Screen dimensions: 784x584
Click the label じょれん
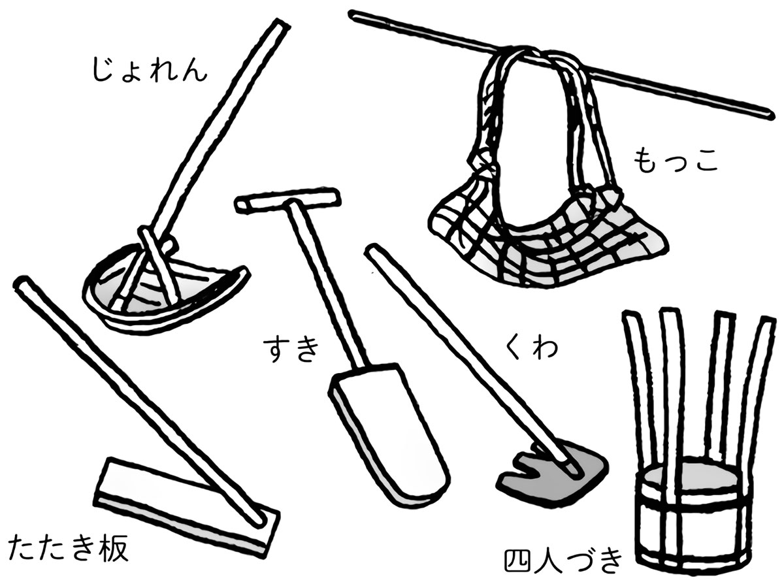(x=149, y=71)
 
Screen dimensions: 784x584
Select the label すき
(x=291, y=349)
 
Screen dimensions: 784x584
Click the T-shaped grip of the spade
(x=287, y=200)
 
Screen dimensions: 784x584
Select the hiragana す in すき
(x=276, y=349)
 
